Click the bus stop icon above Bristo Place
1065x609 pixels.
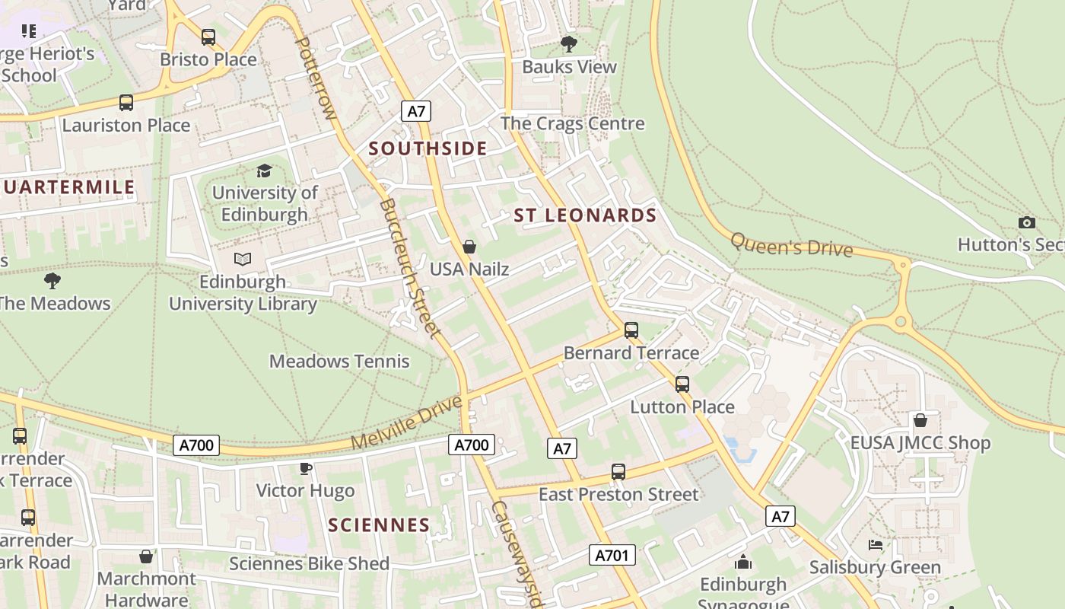(208, 37)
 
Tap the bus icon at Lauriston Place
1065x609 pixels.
(126, 102)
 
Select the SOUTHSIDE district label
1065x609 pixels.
(428, 148)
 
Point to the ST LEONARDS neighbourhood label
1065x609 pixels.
(585, 215)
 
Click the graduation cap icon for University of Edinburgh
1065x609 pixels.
(264, 171)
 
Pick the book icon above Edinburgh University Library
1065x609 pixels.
(243, 260)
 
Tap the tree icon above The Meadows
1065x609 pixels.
(52, 281)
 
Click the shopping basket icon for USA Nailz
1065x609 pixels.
(469, 247)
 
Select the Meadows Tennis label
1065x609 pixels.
(339, 361)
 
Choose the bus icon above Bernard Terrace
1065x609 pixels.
(631, 330)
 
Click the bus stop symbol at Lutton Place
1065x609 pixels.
(682, 384)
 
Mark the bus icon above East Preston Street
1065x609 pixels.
(618, 472)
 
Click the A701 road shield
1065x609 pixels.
(612, 555)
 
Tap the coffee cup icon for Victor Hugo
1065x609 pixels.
(306, 468)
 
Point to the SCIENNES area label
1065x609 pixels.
(379, 525)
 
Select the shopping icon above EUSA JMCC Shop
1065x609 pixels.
(920, 420)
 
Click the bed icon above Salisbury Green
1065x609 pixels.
(876, 545)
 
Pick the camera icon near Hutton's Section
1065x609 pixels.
(1027, 222)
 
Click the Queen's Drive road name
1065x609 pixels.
(791, 245)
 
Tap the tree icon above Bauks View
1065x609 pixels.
(568, 44)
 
